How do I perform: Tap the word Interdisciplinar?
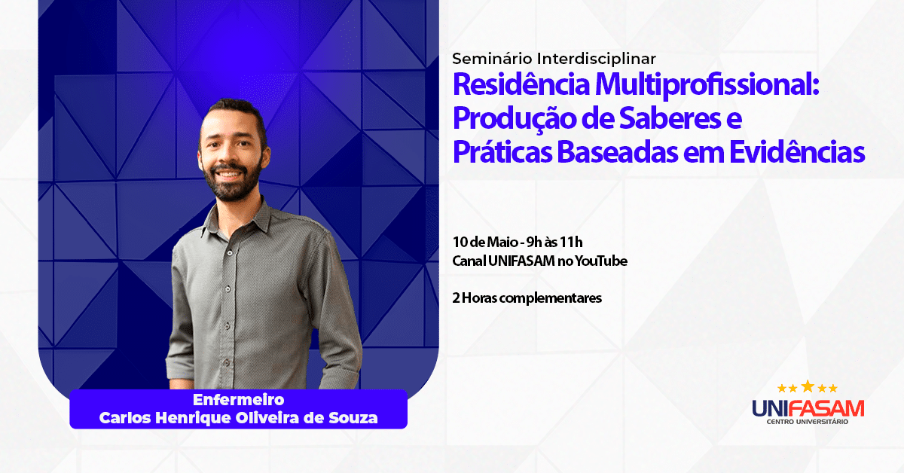coord(597,59)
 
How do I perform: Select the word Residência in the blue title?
coord(521,84)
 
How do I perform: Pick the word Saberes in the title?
coord(670,118)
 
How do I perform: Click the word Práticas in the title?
coord(502,152)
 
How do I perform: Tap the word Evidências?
coord(797,152)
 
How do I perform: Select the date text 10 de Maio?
coord(485,243)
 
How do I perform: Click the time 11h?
coord(571,243)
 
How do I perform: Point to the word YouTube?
coord(601,261)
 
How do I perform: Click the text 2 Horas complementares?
coord(527,298)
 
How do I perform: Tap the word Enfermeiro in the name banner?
coord(239,399)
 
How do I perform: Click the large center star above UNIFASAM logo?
coord(808,386)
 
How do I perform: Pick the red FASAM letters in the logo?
coord(826,408)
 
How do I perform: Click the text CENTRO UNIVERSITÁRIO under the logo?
coord(808,422)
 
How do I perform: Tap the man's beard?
coord(234,184)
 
